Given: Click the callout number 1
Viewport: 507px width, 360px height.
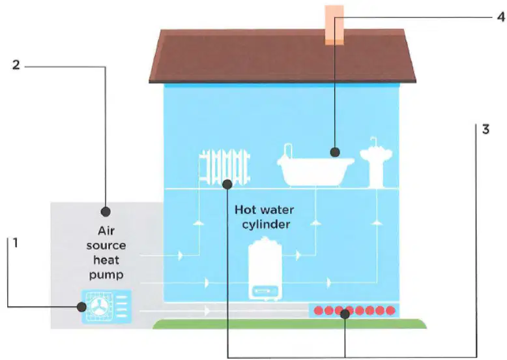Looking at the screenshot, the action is pos(15,243).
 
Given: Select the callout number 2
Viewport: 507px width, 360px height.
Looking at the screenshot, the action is pos(16,65).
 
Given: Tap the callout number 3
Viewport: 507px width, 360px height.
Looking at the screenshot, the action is pos(485,129).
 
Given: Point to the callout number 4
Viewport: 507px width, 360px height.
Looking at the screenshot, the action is pos(501,16).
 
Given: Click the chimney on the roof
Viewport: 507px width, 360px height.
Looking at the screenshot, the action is pos(334,25).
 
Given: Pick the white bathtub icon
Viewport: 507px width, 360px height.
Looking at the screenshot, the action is pos(315,166).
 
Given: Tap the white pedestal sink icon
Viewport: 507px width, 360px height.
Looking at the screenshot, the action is pos(376,162).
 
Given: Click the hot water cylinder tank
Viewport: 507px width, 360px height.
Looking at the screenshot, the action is pos(265,269).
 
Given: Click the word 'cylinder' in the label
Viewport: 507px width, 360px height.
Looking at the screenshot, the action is pos(266,224).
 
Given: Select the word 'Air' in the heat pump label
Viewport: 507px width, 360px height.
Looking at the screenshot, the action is pos(106,231).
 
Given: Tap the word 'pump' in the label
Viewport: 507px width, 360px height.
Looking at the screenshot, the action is pos(106,275).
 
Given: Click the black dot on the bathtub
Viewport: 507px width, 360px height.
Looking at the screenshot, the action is pos(335,152).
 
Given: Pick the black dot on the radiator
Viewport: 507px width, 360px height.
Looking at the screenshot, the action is pos(227,185).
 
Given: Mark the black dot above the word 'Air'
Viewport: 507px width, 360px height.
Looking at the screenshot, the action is pos(106,211).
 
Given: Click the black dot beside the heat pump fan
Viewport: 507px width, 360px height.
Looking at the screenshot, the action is pos(81,307).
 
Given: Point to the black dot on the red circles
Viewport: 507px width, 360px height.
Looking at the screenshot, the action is pos(345,314).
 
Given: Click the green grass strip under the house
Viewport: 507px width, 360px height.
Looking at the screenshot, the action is pos(289,323).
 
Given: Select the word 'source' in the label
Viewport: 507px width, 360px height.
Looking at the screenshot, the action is pos(106,246).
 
